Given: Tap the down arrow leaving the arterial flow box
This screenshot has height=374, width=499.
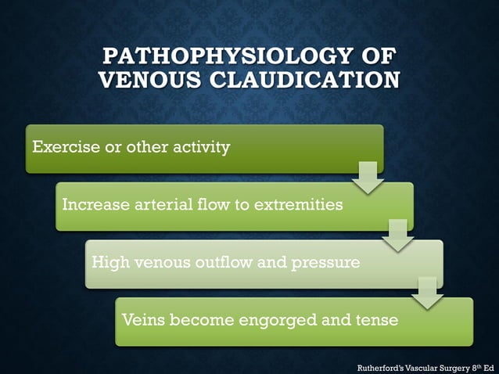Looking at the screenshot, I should pyautogui.click(x=398, y=236).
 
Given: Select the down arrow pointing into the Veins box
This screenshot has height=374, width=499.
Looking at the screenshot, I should pyautogui.click(x=428, y=293).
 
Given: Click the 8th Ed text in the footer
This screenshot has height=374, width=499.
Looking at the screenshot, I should pyautogui.click(x=482, y=365).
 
